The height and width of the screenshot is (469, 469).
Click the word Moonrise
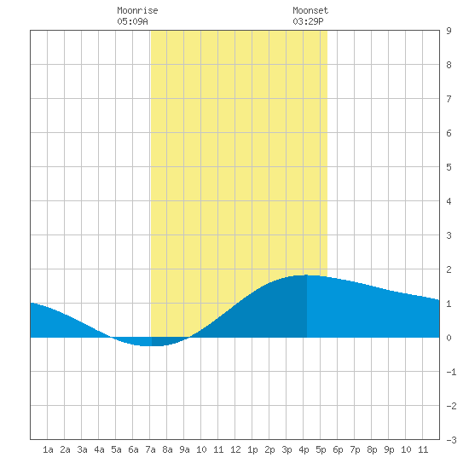coord(137,10)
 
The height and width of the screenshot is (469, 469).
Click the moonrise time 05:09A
coord(132,21)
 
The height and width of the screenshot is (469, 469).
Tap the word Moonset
coord(310,10)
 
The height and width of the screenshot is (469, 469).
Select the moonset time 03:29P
coord(308,21)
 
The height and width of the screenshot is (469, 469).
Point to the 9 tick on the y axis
coord(449,31)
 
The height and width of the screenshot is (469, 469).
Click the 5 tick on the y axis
coord(449,167)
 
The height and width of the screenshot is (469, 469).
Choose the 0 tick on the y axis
coord(449,338)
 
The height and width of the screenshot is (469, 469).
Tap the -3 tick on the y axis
coord(451,440)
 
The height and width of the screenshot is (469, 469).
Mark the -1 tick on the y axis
coord(451,372)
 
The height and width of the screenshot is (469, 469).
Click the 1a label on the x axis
coord(48,449)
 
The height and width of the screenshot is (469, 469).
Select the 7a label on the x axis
coord(150,449)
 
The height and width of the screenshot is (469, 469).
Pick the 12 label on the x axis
coord(235,449)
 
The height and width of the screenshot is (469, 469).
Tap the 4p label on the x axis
coord(304,449)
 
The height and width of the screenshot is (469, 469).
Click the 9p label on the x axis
coord(389,449)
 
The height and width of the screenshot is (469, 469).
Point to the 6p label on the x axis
coord(338,449)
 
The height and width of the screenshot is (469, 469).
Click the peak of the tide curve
coord(306,275)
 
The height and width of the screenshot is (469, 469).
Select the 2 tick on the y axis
coord(449,269)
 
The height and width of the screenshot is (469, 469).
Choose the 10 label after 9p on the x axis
coord(406,449)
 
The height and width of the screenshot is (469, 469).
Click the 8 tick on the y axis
coord(449,65)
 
